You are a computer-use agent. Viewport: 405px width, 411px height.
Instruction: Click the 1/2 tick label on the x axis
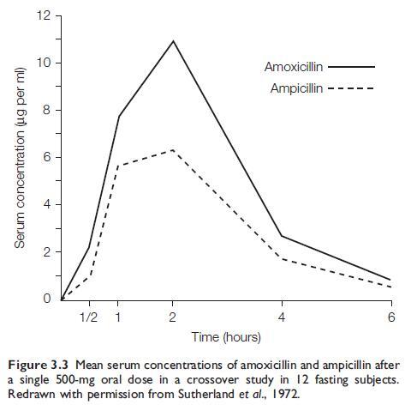click(x=87, y=317)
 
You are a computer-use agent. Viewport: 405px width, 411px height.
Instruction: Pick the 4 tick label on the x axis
click(x=283, y=317)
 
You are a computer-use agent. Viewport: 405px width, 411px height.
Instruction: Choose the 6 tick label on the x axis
click(x=391, y=317)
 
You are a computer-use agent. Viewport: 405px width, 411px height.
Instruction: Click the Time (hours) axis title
click(x=226, y=337)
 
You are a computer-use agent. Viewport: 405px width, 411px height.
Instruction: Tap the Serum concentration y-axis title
click(x=19, y=158)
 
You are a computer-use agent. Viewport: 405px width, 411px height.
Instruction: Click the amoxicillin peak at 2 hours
click(x=173, y=40)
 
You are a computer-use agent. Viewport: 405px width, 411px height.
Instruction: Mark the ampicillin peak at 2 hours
click(x=173, y=150)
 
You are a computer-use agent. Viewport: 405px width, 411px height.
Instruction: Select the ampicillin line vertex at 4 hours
click(x=283, y=258)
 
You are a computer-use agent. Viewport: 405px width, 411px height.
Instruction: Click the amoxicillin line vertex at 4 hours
click(x=283, y=236)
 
